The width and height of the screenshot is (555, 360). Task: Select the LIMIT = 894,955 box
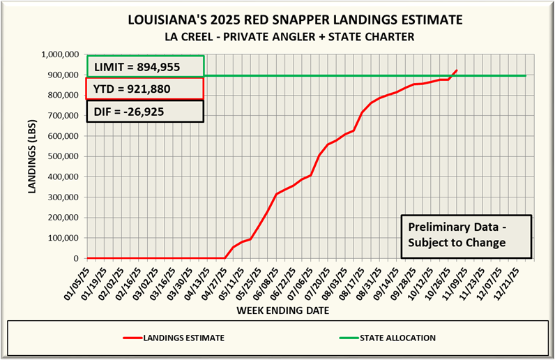pyautogui.click(x=145, y=66)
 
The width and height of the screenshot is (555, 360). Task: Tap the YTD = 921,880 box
pyautogui.click(x=144, y=89)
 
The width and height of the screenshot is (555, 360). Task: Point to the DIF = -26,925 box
pyautogui.click(x=144, y=111)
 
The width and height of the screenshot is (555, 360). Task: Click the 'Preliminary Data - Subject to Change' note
pyautogui.click(x=466, y=234)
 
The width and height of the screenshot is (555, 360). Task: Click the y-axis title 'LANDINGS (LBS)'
pyautogui.click(x=33, y=156)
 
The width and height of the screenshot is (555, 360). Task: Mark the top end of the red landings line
pyautogui.click(x=457, y=70)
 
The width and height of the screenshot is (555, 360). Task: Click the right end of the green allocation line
pyautogui.click(x=526, y=75)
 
